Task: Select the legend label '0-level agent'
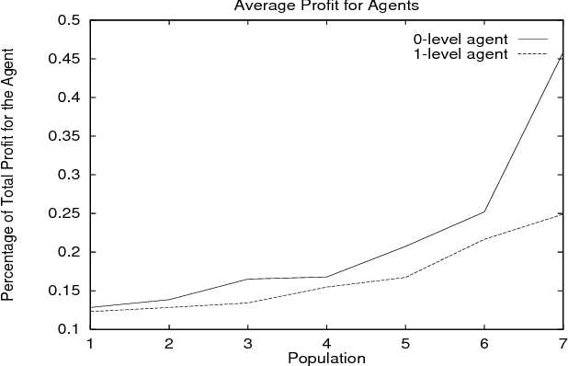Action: (x=457, y=40)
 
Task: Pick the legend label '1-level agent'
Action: (x=457, y=54)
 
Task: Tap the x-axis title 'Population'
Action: (x=326, y=357)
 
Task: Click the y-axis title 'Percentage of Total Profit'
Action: (x=8, y=175)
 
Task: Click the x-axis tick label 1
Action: (x=90, y=343)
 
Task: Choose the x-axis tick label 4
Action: (x=325, y=343)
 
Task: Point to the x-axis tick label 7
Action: (x=561, y=343)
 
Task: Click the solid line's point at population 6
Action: (x=483, y=212)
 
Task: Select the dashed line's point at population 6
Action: (x=483, y=239)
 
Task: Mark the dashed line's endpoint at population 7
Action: (x=561, y=213)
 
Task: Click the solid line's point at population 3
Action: (x=247, y=279)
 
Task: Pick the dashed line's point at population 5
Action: (x=404, y=277)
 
